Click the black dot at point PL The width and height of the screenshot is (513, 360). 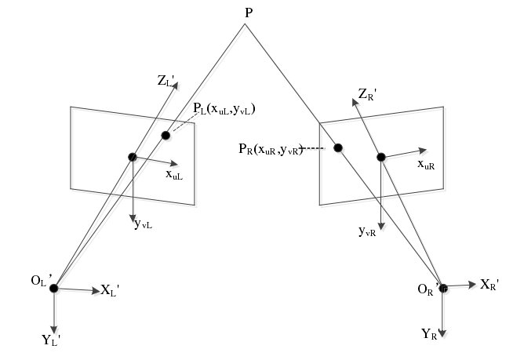pos(166,135)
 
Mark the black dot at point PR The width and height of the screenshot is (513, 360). pos(338,147)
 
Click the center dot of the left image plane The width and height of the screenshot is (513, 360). pos(133,157)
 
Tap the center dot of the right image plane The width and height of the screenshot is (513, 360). pos(380,157)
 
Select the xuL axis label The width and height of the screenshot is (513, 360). pos(173,175)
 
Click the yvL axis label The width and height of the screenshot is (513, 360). pos(143,225)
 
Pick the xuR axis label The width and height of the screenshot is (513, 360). pos(427,165)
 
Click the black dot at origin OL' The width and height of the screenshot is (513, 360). pos(54,289)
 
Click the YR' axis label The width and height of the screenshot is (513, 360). pos(431,334)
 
